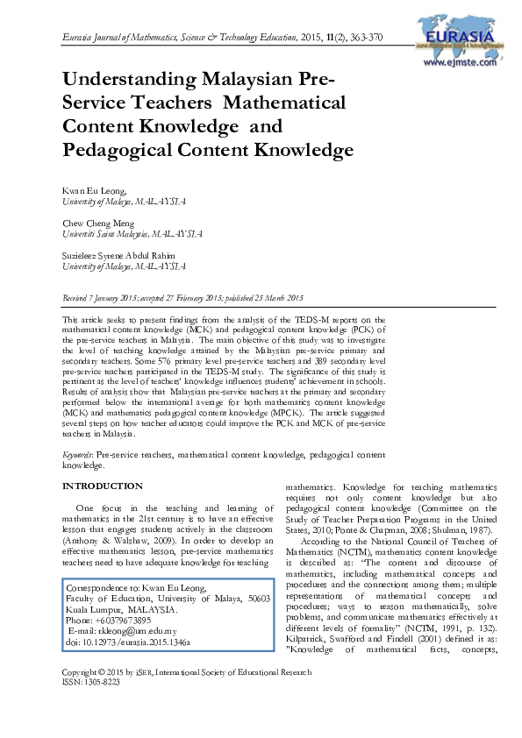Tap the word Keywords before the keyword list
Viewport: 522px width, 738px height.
point(78,456)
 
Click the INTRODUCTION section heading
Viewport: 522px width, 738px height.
point(102,486)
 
